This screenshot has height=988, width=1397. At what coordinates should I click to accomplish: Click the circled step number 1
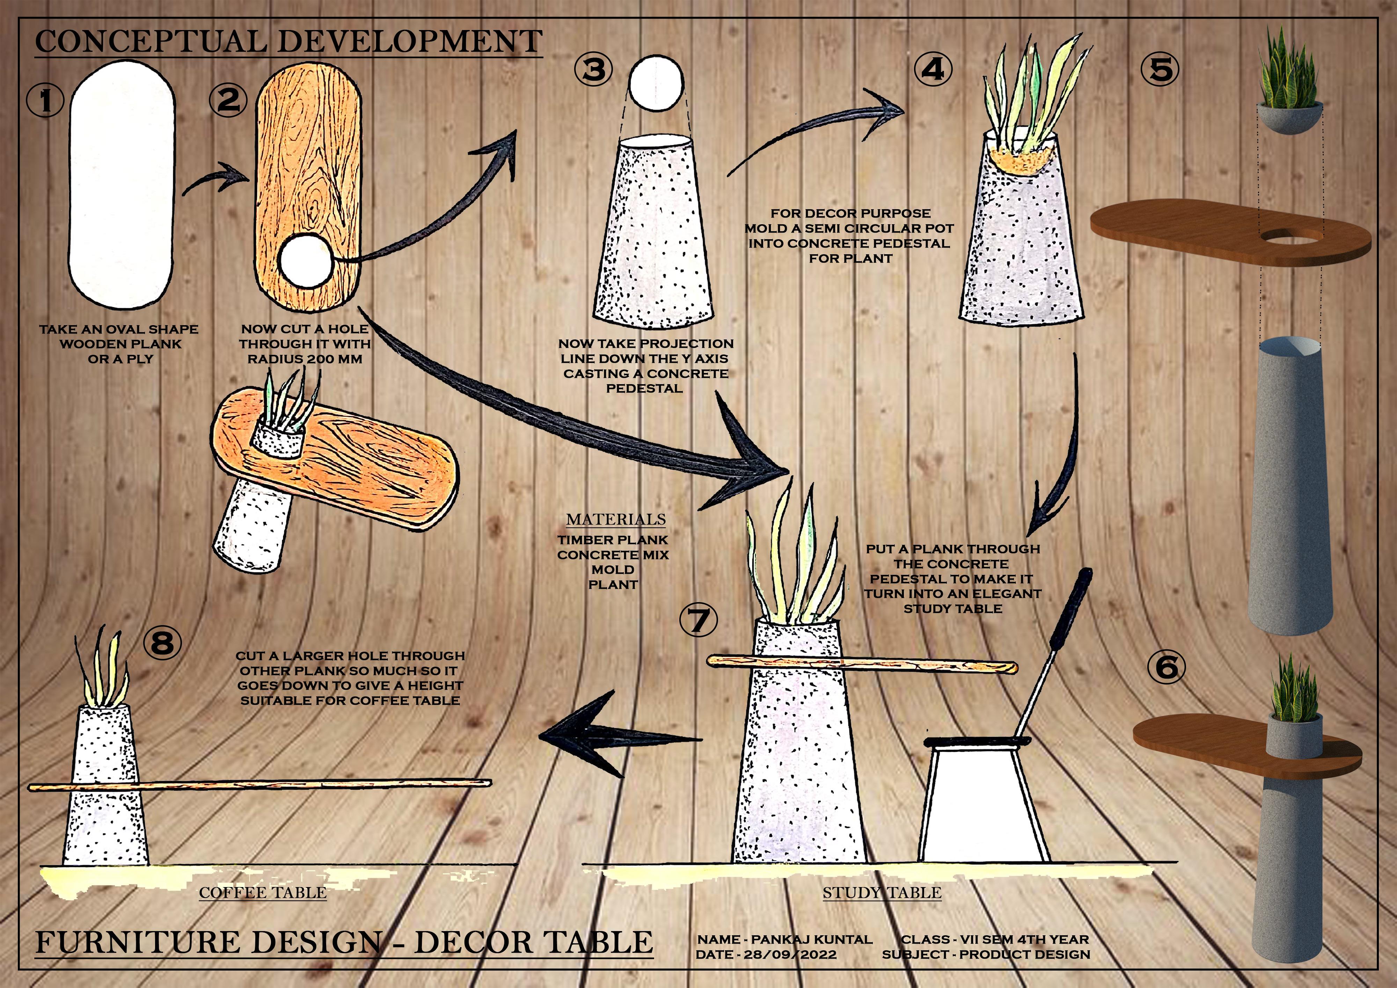(x=45, y=100)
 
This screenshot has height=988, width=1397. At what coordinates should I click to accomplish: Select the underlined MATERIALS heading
(x=616, y=519)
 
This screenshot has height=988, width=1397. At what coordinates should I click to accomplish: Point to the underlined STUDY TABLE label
(x=882, y=893)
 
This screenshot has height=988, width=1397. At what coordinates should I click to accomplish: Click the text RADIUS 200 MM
(x=304, y=359)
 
